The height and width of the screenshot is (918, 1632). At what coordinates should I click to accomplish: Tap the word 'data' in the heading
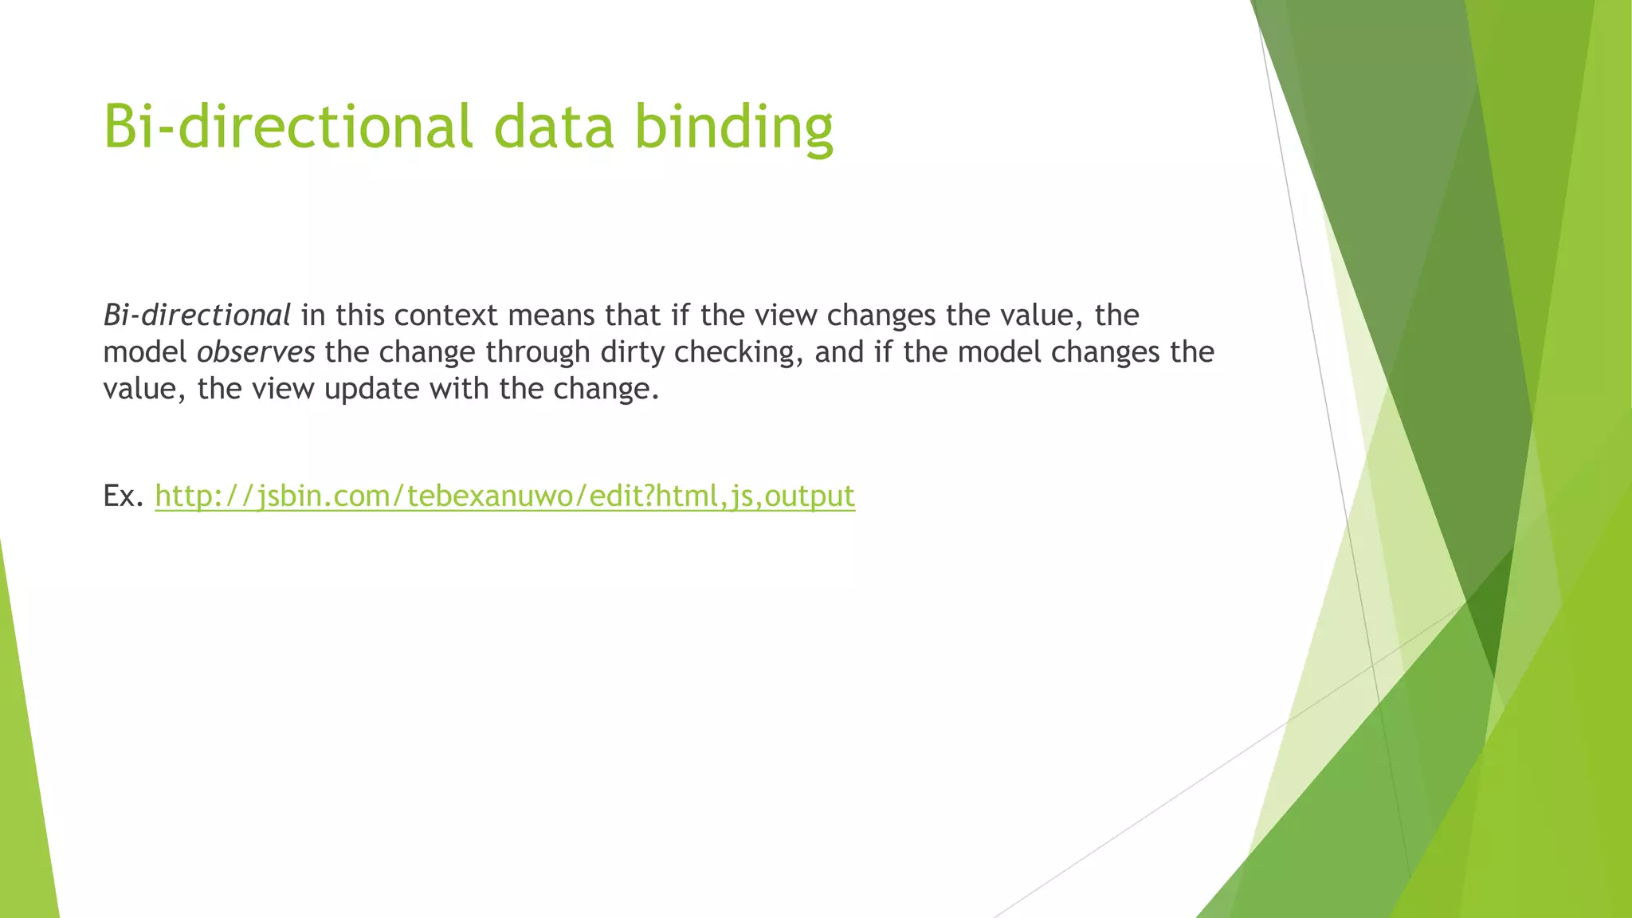[x=554, y=127]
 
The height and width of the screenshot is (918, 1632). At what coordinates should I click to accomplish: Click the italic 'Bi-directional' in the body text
[x=197, y=316]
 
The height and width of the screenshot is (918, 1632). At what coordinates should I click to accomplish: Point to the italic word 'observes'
[x=256, y=352]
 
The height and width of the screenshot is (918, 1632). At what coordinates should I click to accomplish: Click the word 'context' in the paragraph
[x=445, y=316]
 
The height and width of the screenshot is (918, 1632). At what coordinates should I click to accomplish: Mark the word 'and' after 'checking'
[x=839, y=352]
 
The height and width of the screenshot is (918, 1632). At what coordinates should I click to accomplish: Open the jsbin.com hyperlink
[x=504, y=496]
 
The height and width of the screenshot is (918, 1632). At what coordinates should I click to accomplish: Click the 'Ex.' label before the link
[x=124, y=496]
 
